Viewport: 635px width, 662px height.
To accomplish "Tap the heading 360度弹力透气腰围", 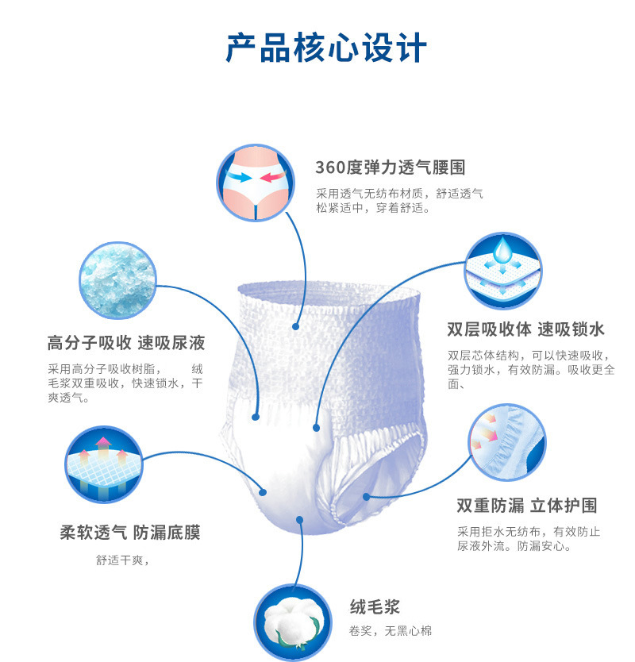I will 390,167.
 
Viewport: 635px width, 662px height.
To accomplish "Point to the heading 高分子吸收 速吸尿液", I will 126,343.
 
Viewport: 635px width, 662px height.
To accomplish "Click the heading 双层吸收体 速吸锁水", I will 525,329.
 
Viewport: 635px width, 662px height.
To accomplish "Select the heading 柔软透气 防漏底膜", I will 130,532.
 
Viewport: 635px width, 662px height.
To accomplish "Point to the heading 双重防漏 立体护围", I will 526,506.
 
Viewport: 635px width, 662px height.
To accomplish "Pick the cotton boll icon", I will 291,622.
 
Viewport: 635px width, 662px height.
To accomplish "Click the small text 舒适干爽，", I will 123,560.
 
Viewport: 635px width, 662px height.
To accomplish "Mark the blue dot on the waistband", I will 295,325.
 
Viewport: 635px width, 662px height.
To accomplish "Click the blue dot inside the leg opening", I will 366,497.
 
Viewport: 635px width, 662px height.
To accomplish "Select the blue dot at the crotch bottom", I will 299,520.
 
